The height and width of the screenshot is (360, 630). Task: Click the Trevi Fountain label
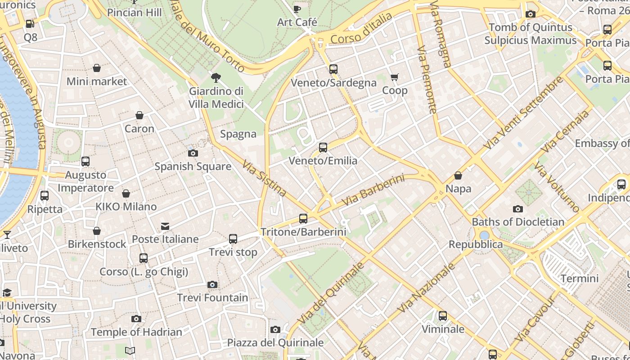(212, 297)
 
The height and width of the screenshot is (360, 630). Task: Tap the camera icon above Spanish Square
(193, 153)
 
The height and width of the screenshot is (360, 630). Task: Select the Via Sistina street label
(264, 179)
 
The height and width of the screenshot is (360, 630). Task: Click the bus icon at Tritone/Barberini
(303, 219)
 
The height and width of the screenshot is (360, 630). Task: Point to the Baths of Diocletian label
(517, 222)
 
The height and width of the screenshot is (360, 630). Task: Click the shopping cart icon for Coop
(395, 77)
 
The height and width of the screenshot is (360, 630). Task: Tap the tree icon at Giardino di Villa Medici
(216, 78)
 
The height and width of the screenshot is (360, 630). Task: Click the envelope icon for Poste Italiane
(165, 226)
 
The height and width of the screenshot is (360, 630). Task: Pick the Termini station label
(580, 279)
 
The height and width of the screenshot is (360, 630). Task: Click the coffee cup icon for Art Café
(297, 9)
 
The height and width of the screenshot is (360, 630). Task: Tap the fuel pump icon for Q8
(30, 24)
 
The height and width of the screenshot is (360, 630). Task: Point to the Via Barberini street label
(373, 191)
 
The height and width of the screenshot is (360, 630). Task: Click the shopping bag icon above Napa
(458, 175)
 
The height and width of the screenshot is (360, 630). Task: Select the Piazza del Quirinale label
(275, 342)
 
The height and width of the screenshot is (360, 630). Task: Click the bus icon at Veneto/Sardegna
(333, 69)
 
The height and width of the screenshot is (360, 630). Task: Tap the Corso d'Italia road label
(361, 29)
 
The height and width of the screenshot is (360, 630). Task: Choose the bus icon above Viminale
(443, 316)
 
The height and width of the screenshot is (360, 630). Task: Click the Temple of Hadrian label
(136, 332)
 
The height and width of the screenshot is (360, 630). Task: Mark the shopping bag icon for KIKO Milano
(126, 193)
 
